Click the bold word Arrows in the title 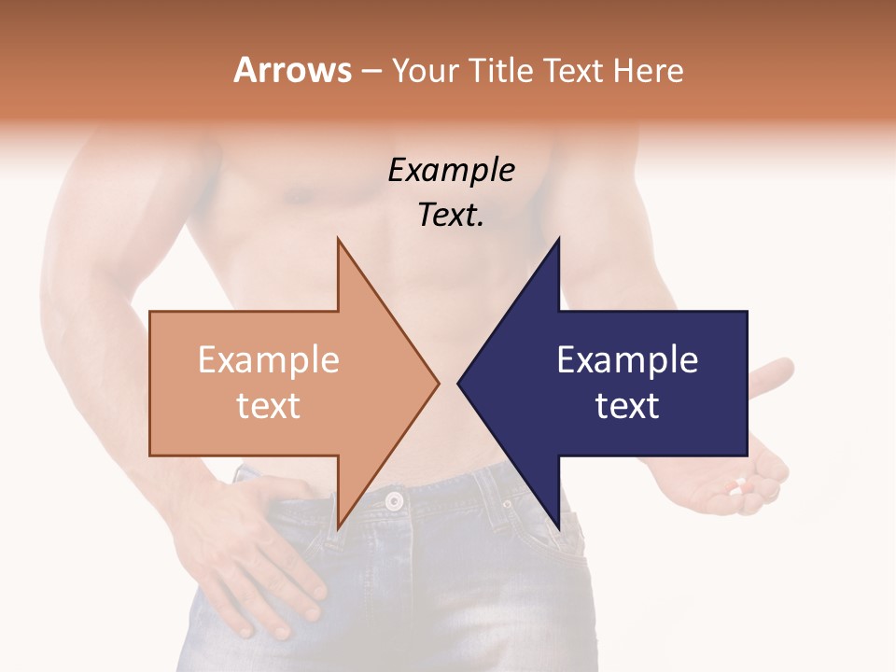[x=292, y=70]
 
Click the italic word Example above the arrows [x=451, y=171]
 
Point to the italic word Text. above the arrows [x=451, y=216]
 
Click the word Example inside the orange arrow [x=268, y=360]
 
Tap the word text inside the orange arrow [x=268, y=406]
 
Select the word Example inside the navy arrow [x=627, y=360]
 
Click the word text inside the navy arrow [x=627, y=406]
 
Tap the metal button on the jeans [x=394, y=501]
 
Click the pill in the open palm [x=739, y=485]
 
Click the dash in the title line [x=371, y=71]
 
